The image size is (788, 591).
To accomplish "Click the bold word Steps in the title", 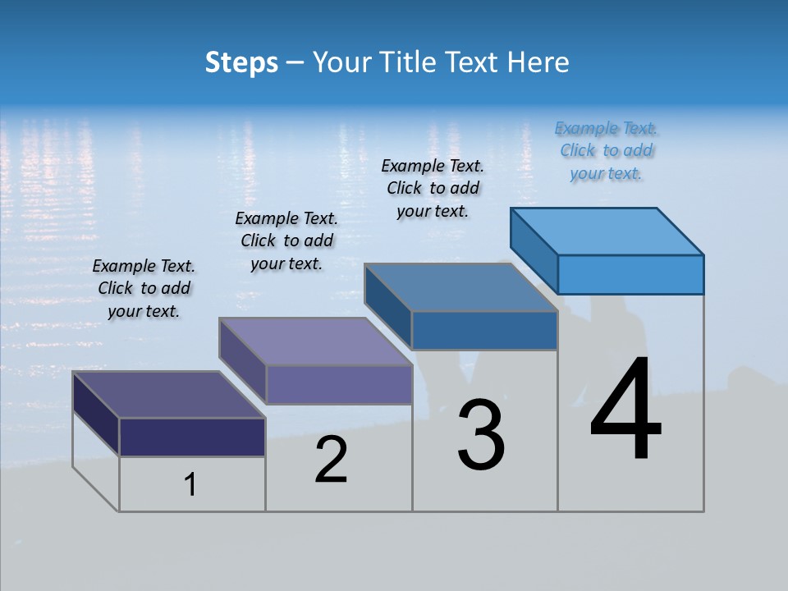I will pyautogui.click(x=241, y=62).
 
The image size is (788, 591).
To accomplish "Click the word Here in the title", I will pyautogui.click(x=539, y=62).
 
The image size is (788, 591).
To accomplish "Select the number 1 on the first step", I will pyautogui.click(x=190, y=485).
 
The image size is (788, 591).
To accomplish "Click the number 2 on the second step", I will pyautogui.click(x=331, y=460).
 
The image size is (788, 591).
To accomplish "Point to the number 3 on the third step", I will pyautogui.click(x=481, y=435).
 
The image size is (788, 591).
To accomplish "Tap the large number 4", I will pyautogui.click(x=625, y=410).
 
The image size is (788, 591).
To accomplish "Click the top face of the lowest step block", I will pyautogui.click(x=168, y=395).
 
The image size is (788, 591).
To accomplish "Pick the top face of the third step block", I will pyautogui.click(x=460, y=287).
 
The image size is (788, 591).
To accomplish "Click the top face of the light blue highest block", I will pyautogui.click(x=607, y=231).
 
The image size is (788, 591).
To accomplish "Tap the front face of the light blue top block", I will pyautogui.click(x=630, y=274).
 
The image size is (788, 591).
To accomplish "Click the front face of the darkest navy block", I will pyautogui.click(x=192, y=437).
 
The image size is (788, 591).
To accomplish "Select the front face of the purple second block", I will pyautogui.click(x=338, y=384).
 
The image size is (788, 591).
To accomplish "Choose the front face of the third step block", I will pyautogui.click(x=484, y=330).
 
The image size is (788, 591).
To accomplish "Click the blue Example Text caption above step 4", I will pyautogui.click(x=607, y=151).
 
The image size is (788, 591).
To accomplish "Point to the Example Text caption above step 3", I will pyautogui.click(x=433, y=189).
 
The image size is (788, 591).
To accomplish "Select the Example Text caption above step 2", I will pyautogui.click(x=286, y=241).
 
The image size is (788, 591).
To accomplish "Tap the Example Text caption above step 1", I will pyautogui.click(x=144, y=289).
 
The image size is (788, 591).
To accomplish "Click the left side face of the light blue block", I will pyautogui.click(x=534, y=250).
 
